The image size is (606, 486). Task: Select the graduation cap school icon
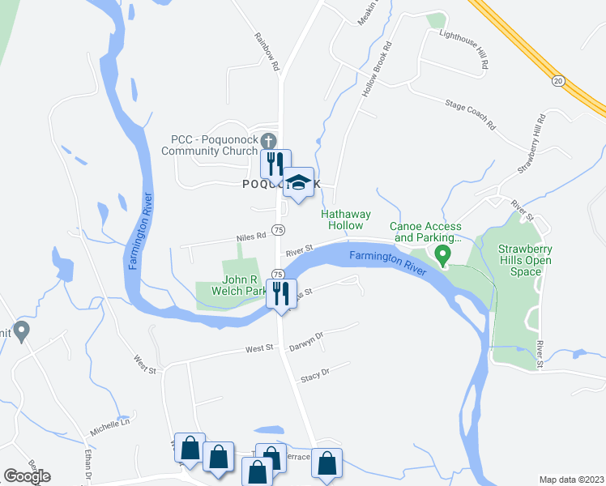[298, 183]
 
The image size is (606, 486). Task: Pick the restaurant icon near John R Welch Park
[281, 292]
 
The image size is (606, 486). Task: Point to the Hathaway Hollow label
[346, 220]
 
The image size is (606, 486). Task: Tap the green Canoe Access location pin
[442, 255]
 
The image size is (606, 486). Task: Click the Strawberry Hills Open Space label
[525, 260]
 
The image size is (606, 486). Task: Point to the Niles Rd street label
[251, 237]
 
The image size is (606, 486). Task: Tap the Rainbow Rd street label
[266, 50]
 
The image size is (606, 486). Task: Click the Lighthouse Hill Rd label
[463, 48]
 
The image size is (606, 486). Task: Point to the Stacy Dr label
[314, 373]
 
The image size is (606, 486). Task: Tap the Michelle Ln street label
[109, 427]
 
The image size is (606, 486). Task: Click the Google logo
[28, 476]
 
